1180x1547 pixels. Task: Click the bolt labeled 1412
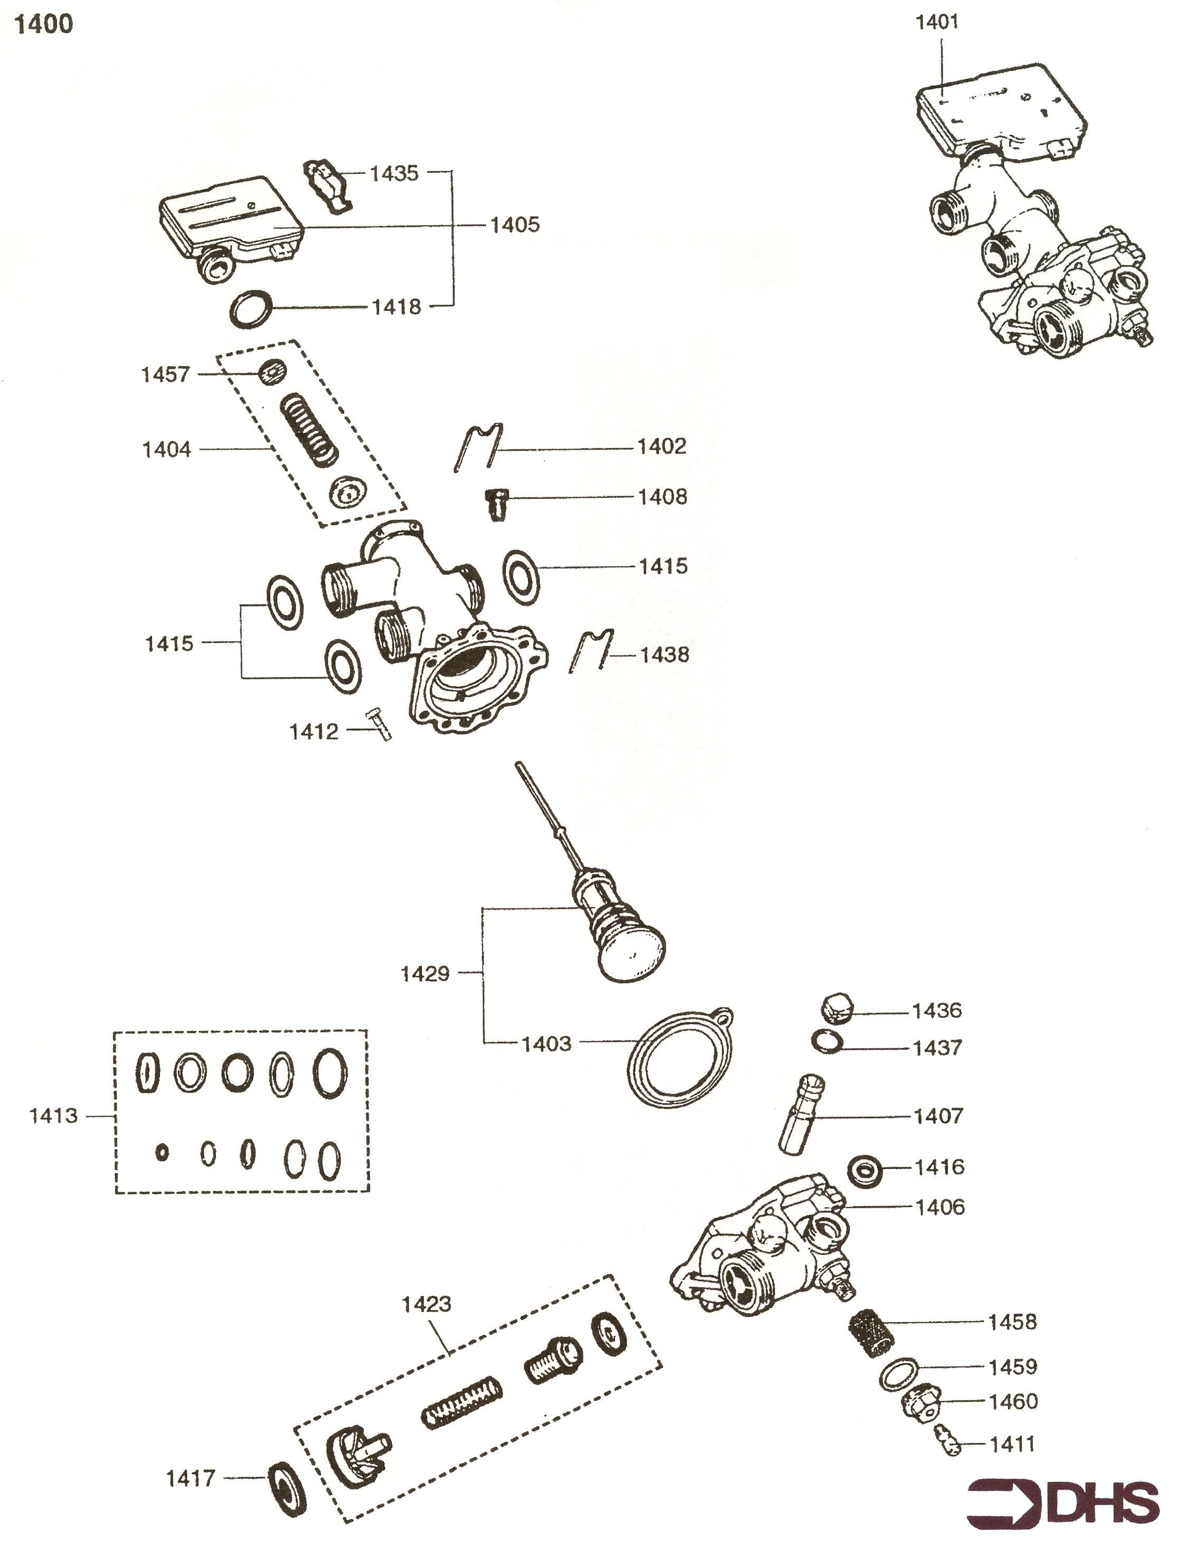tap(378, 723)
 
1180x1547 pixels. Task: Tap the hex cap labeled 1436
tap(836, 1009)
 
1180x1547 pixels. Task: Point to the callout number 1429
tap(425, 974)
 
